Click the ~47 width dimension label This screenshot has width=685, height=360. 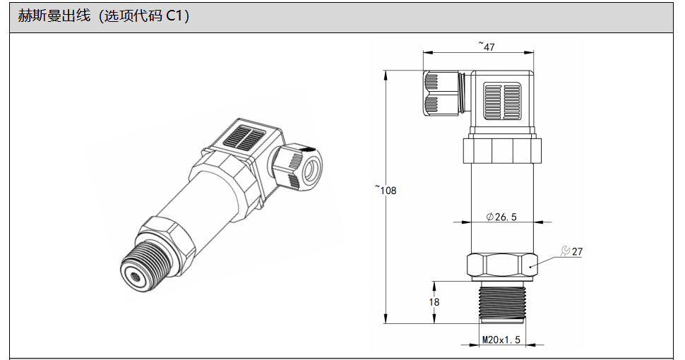[x=487, y=46]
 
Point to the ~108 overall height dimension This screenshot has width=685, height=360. [x=386, y=190]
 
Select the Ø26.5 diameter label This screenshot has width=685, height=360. [x=501, y=216]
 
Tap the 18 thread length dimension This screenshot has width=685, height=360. [x=434, y=302]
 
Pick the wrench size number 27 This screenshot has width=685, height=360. [x=577, y=252]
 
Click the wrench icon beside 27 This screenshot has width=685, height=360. [x=565, y=251]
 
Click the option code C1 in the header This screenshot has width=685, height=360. [x=172, y=16]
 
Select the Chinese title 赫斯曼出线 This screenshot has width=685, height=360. [x=54, y=16]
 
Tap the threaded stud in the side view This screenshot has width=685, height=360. [x=502, y=301]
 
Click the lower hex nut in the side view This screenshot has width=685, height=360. [x=502, y=265]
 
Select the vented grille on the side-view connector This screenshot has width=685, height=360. [x=502, y=102]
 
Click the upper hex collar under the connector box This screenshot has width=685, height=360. [x=502, y=151]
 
